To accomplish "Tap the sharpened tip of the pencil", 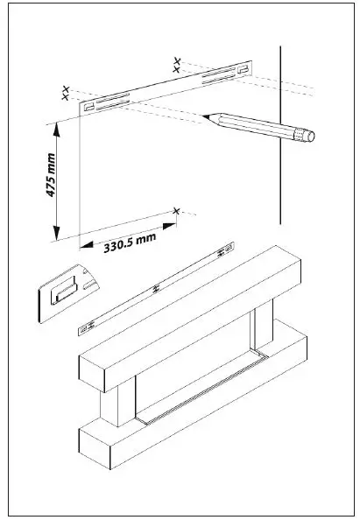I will click(204, 115).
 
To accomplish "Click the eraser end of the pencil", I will click(306, 135).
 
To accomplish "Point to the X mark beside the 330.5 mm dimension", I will click(177, 211).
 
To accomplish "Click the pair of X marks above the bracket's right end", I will click(178, 63).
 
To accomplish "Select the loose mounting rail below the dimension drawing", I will click(153, 289).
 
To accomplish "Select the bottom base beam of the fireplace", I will click(193, 403).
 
